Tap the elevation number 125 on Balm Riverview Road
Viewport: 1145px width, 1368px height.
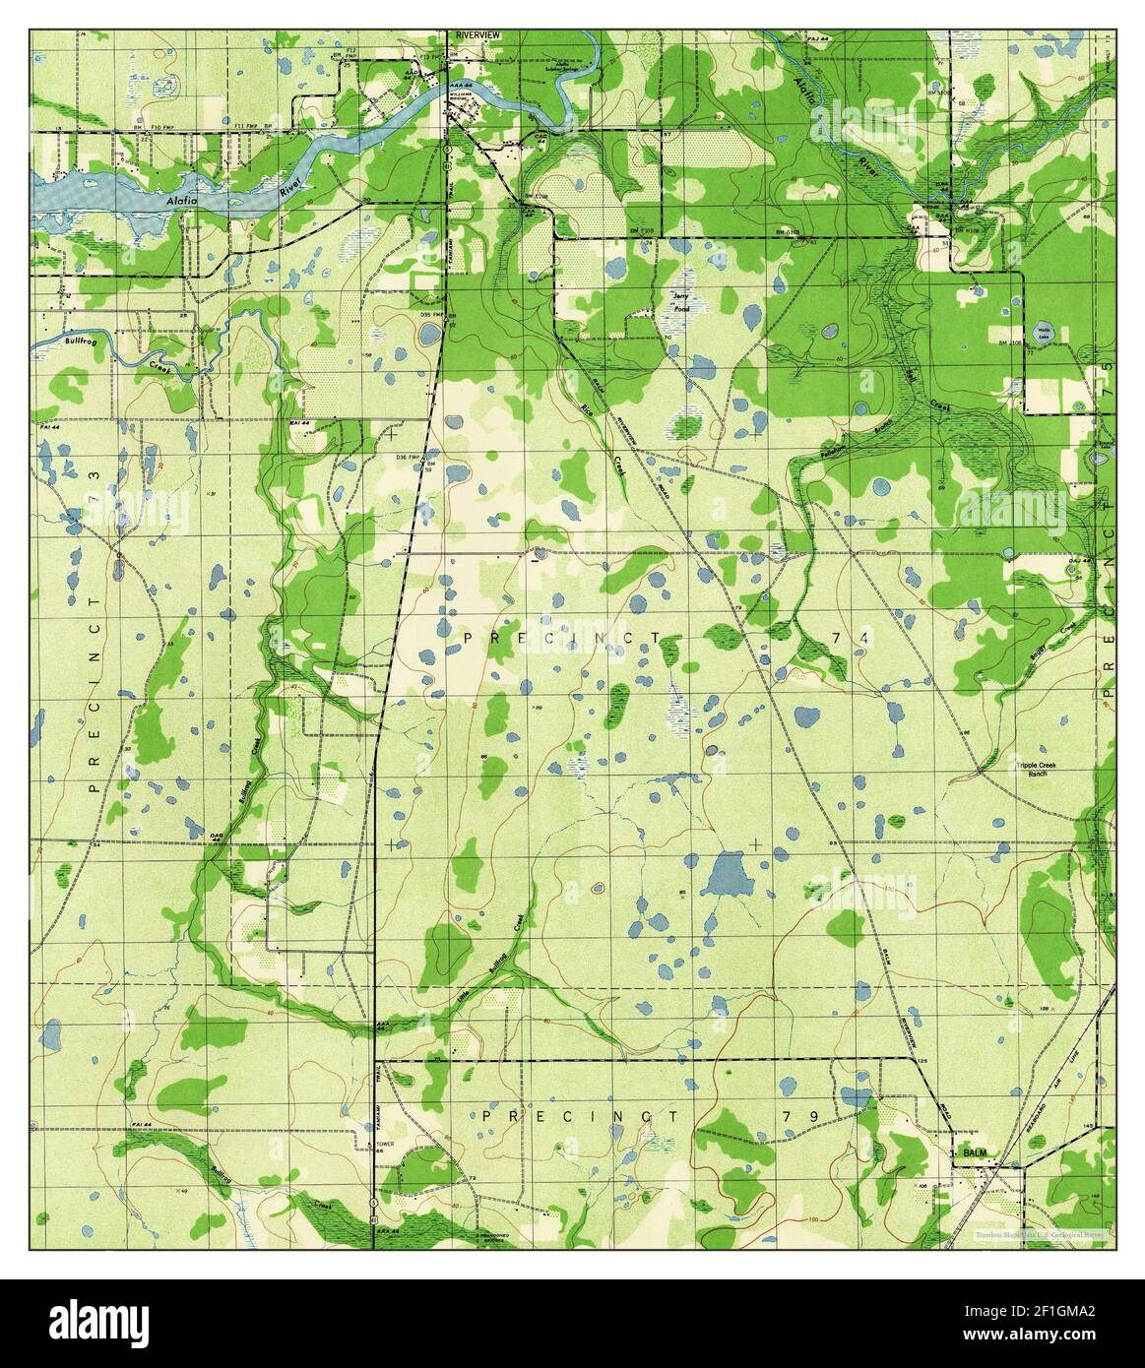(x=922, y=1062)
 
